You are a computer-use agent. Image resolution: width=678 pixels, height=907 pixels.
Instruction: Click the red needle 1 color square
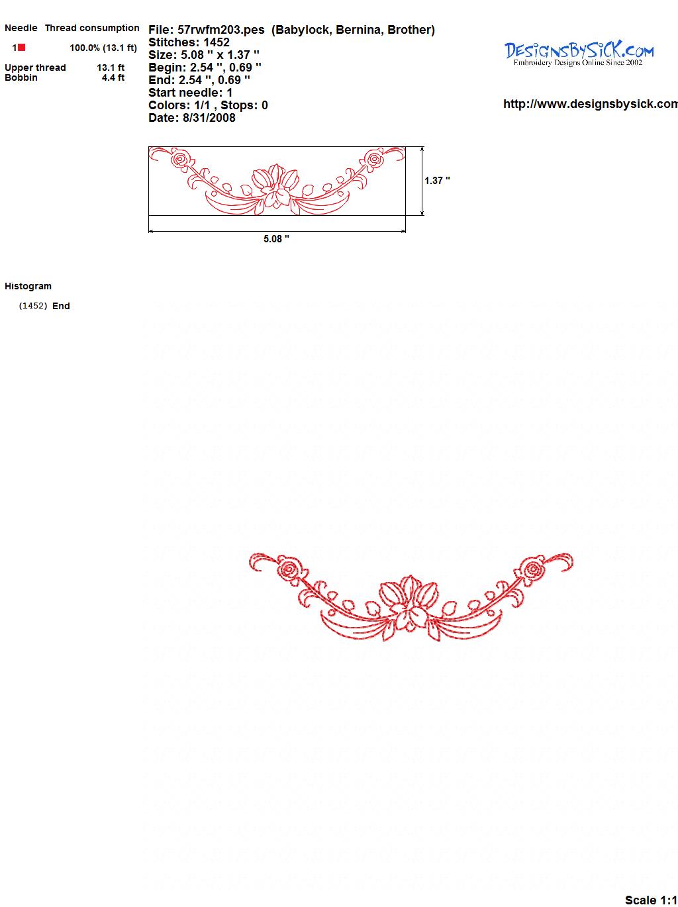click(x=21, y=48)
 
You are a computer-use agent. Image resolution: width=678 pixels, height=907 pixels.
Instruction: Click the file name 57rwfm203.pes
click(x=221, y=30)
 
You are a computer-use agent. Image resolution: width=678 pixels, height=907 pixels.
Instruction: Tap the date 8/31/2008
click(x=209, y=118)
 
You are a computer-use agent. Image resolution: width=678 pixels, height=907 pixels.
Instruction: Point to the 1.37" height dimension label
click(x=437, y=181)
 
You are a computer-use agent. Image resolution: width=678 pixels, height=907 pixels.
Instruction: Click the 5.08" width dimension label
click(x=276, y=239)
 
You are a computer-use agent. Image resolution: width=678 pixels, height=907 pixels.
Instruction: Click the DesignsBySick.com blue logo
click(x=579, y=54)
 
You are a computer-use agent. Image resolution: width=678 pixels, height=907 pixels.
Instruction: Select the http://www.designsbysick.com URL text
click(x=591, y=104)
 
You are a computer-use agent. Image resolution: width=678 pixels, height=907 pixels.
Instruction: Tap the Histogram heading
click(x=28, y=286)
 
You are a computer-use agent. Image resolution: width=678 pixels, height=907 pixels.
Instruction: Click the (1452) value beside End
click(x=33, y=306)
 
